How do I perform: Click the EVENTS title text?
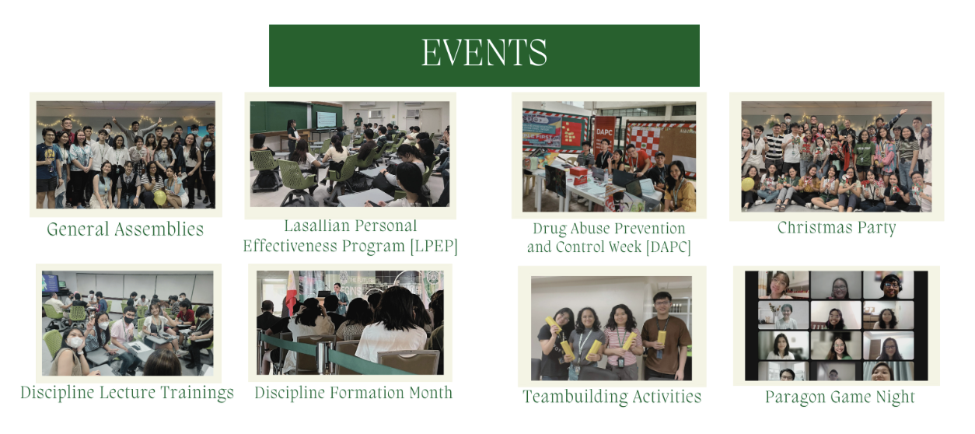pyautogui.click(x=484, y=52)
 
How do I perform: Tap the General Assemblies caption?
pyautogui.click(x=125, y=229)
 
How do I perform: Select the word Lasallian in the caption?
pyautogui.click(x=317, y=226)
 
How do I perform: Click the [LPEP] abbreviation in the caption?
pyautogui.click(x=434, y=247)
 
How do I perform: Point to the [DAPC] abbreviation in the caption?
pyautogui.click(x=668, y=247)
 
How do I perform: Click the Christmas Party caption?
pyautogui.click(x=837, y=228)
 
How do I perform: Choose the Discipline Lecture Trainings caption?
pyautogui.click(x=127, y=393)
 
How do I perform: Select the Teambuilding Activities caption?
pyautogui.click(x=612, y=397)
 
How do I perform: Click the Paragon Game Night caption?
pyautogui.click(x=840, y=397)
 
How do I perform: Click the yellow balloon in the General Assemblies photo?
pyautogui.click(x=160, y=198)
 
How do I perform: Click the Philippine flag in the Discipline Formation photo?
pyautogui.click(x=291, y=289)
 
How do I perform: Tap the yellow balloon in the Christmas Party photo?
pyautogui.click(x=748, y=184)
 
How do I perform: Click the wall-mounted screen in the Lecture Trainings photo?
pyautogui.click(x=51, y=283)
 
